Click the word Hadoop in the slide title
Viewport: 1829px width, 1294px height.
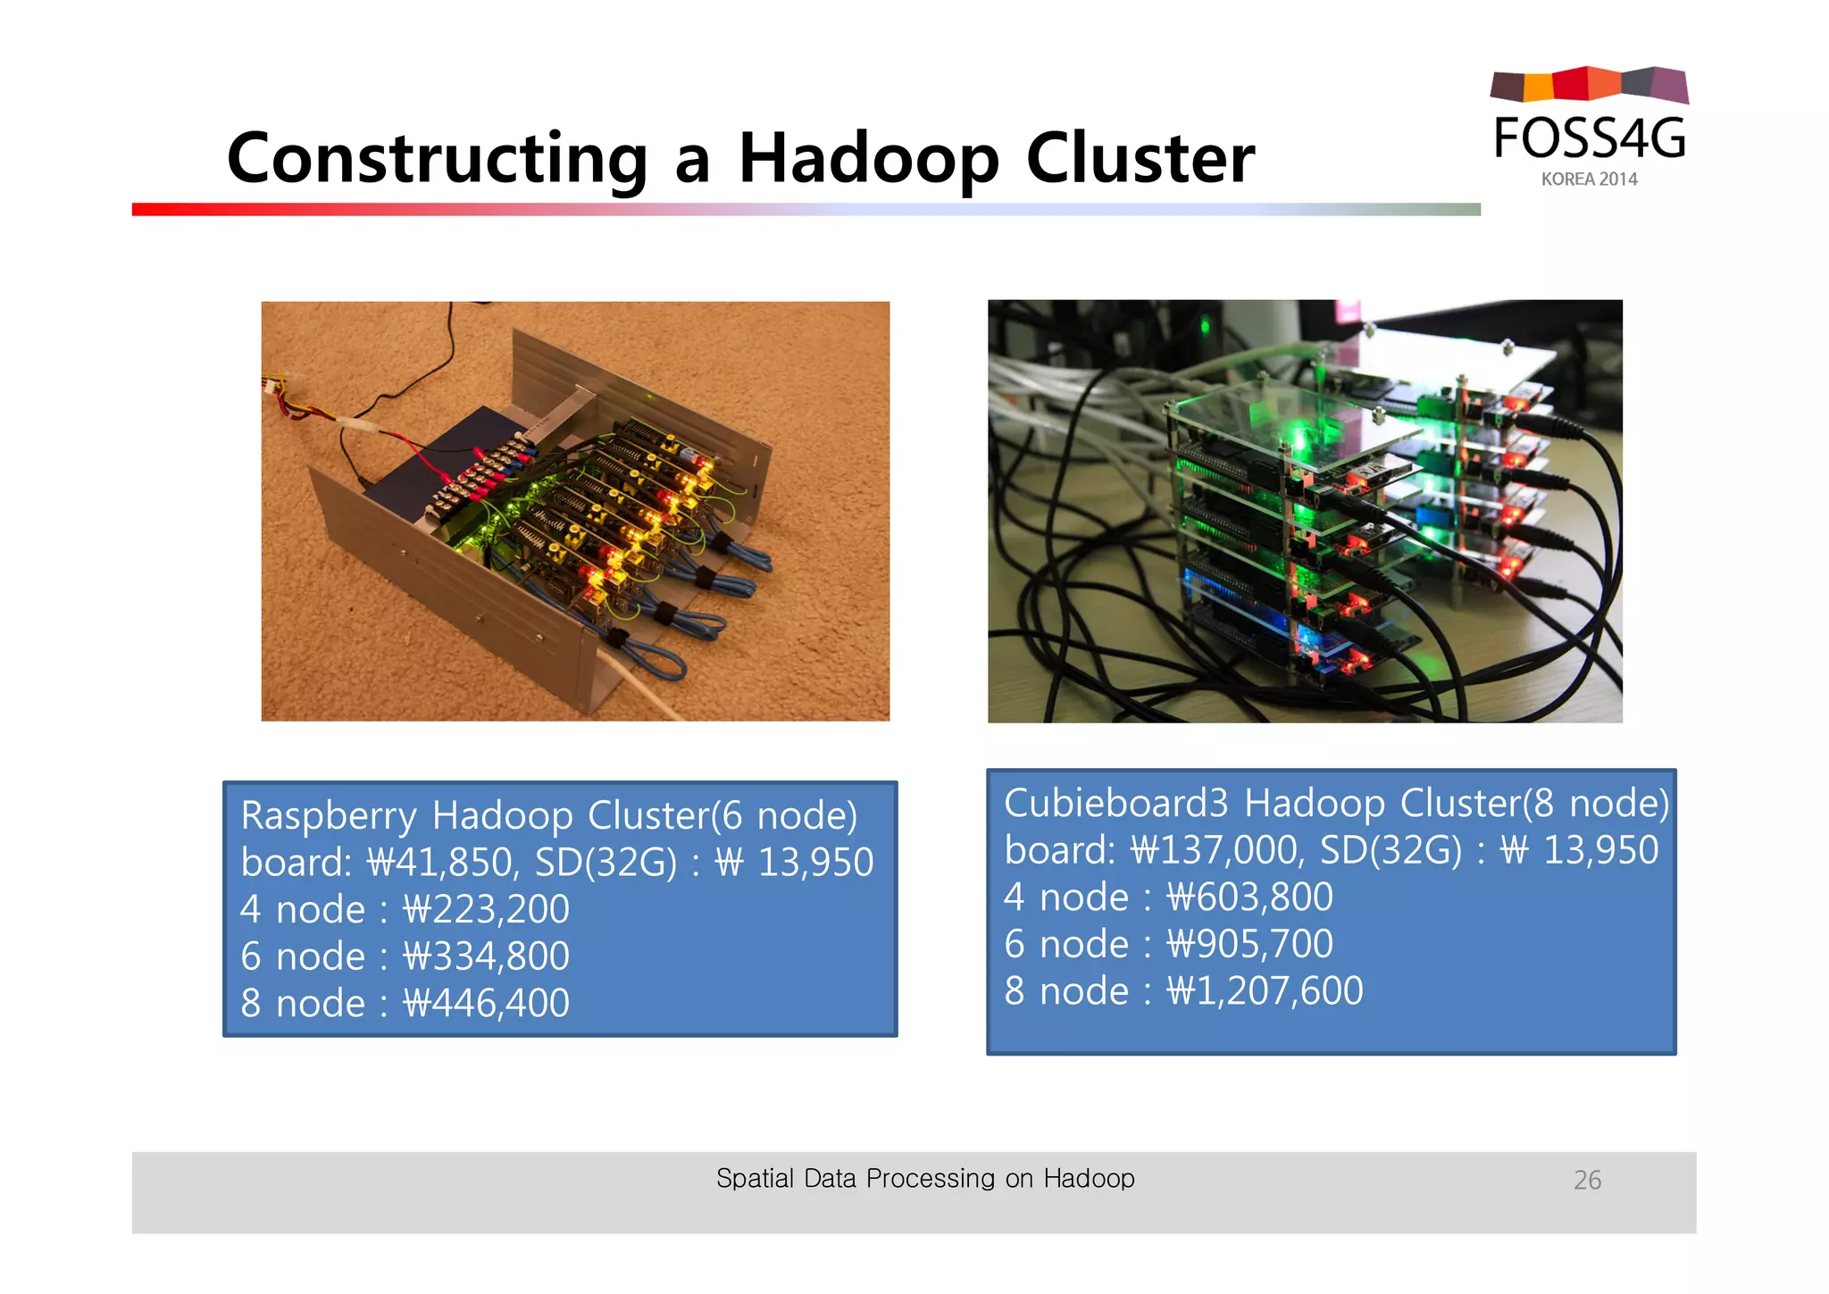coord(868,159)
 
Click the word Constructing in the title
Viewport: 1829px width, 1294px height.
coord(437,159)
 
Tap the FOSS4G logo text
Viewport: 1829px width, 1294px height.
coord(1590,138)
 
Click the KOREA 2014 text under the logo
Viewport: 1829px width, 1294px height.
coord(1589,179)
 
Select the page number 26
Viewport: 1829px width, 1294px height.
coord(1587,1180)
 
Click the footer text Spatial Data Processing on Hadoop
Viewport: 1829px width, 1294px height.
coord(925,1178)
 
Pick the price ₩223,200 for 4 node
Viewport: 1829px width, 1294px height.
coord(486,909)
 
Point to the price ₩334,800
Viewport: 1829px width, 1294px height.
coord(486,956)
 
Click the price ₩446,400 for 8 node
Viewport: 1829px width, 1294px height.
coord(486,1003)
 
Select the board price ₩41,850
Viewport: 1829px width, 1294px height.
coord(442,862)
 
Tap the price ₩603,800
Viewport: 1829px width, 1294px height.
coord(1249,897)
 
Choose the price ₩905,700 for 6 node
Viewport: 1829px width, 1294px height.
coord(1249,944)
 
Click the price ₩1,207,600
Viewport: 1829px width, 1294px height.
coord(1265,991)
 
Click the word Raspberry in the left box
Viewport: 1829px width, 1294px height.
coord(328,815)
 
